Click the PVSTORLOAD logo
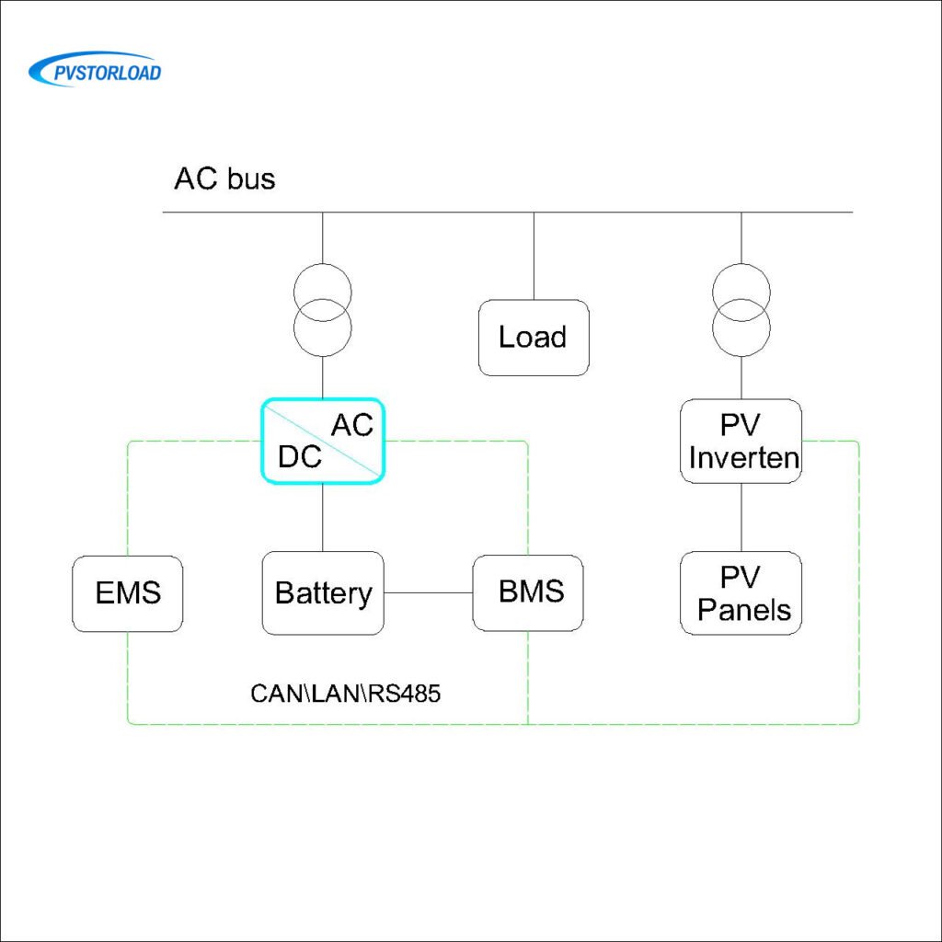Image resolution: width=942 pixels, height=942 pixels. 95,70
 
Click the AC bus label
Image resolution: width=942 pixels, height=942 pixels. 224,178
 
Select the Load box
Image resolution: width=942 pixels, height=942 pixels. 533,338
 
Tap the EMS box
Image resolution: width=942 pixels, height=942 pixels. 128,593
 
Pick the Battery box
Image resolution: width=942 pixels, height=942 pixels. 323,593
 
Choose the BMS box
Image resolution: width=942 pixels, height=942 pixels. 529,592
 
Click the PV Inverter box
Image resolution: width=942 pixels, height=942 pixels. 741,442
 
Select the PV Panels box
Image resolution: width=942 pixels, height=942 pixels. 741,593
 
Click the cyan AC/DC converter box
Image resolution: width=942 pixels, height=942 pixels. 323,441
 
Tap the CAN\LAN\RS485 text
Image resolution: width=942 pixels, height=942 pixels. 345,694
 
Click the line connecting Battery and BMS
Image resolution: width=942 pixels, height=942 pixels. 428,593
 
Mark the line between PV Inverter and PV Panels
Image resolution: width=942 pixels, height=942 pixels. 741,517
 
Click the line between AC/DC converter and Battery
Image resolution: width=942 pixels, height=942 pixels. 323,517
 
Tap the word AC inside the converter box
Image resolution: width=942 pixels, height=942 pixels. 352,425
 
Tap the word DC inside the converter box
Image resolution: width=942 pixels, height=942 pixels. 300,456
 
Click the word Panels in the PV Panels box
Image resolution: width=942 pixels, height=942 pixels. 743,610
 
